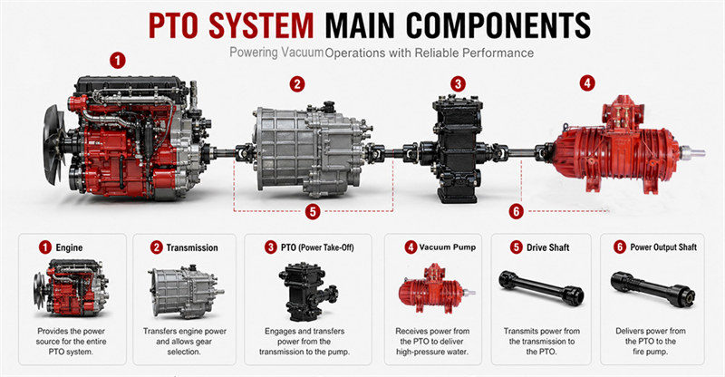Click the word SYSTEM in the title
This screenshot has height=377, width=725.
click(x=261, y=25)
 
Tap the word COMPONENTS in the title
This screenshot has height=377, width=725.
click(x=498, y=25)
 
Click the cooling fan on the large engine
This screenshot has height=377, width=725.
click(x=54, y=144)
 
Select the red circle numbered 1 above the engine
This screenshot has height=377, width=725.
click(x=118, y=61)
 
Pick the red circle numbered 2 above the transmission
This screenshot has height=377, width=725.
click(x=297, y=84)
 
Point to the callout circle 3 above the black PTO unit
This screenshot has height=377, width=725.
click(x=458, y=84)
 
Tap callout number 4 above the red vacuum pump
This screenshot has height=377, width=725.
click(x=587, y=83)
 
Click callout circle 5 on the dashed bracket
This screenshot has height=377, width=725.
click(x=313, y=212)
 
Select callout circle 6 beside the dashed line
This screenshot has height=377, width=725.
click(x=516, y=212)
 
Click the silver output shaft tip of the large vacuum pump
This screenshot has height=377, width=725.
click(x=692, y=152)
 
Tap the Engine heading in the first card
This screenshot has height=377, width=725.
click(x=69, y=248)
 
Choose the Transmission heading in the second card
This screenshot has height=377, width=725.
click(x=192, y=248)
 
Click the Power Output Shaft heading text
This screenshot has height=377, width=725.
click(x=663, y=247)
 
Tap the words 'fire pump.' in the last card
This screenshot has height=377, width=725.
click(x=651, y=352)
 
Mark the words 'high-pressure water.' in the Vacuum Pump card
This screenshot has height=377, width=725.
click(x=432, y=352)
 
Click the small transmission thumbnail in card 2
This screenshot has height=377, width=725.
click(x=187, y=292)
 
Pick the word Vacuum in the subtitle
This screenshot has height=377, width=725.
click(x=303, y=53)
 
